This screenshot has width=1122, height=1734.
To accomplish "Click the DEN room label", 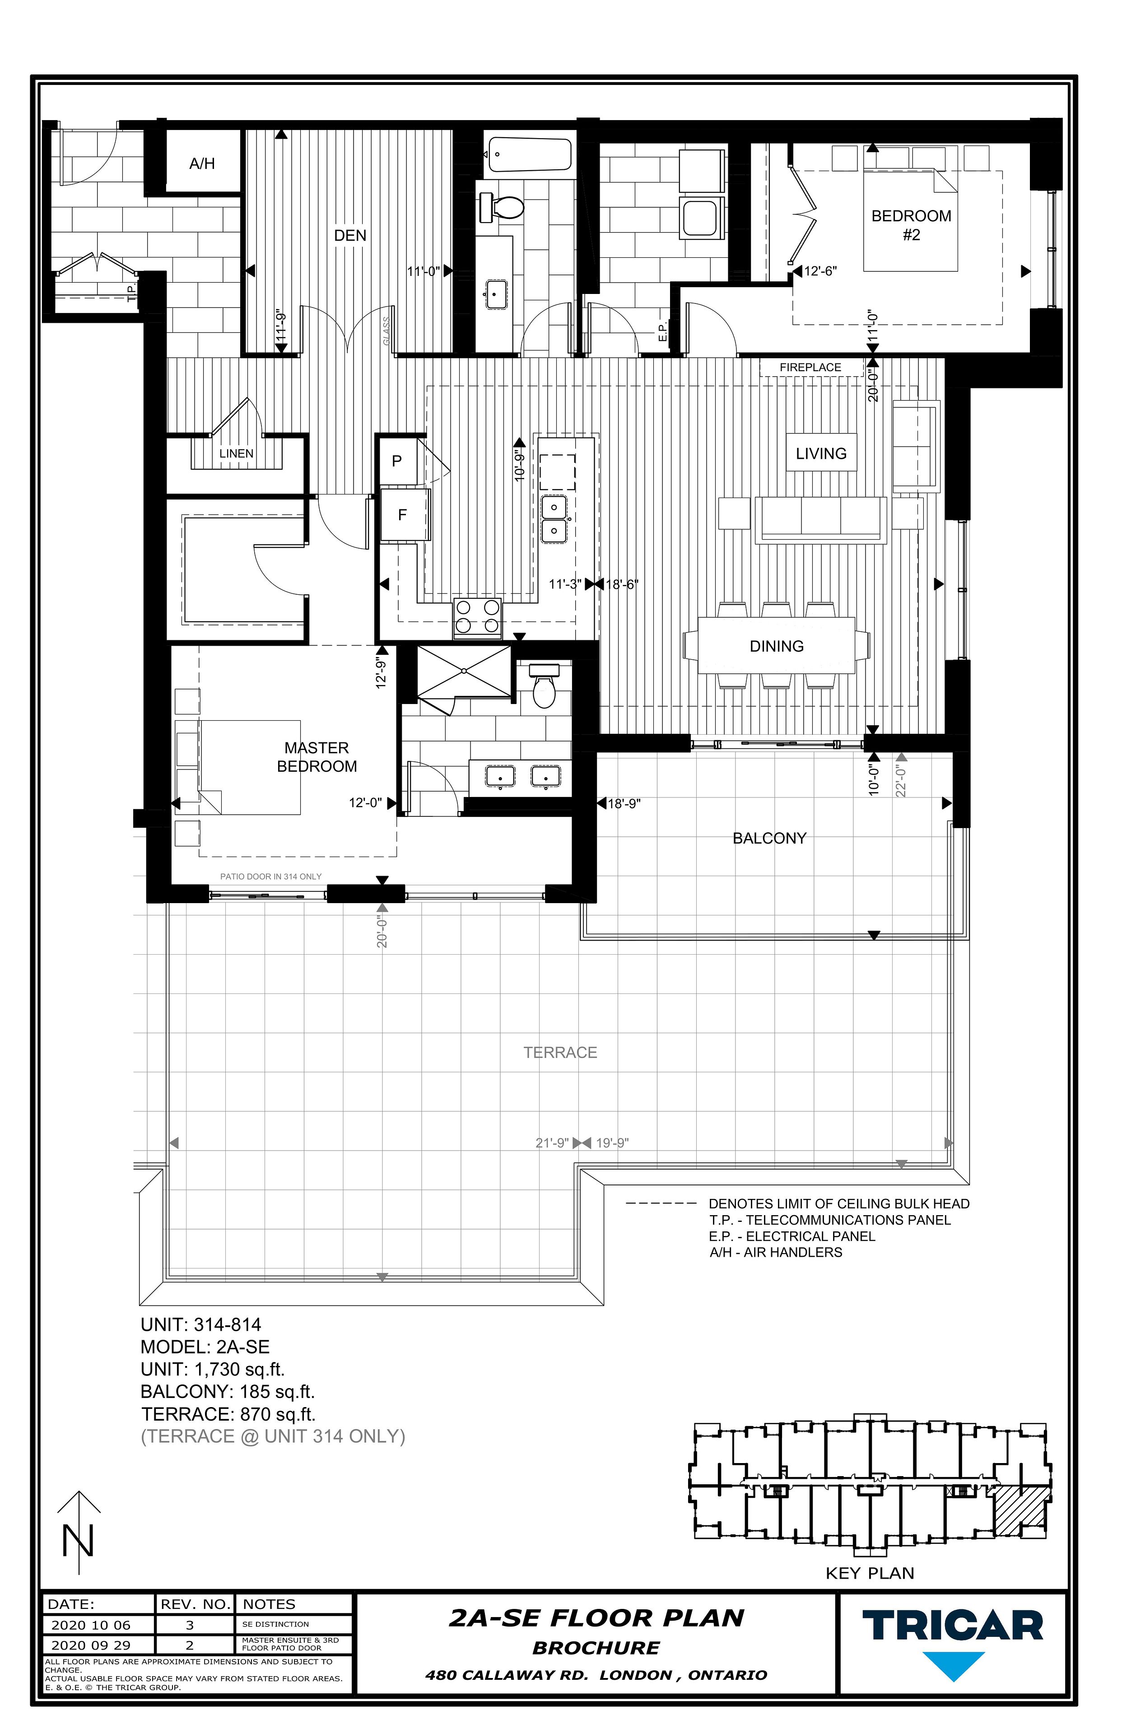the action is tap(350, 236).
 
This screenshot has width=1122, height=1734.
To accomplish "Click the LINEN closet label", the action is tap(236, 454).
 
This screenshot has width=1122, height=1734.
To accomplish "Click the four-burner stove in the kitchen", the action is tap(477, 617).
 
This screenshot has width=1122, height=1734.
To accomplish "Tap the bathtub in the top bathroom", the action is tap(529, 154).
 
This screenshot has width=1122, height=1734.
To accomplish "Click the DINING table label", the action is tap(777, 646).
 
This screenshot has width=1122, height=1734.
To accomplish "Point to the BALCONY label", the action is tap(769, 839).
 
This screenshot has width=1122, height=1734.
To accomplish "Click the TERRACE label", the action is tap(560, 1053).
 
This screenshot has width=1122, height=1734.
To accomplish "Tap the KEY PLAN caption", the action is tap(870, 1574).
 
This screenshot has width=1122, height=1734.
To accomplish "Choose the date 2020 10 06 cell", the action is tap(91, 1626).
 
